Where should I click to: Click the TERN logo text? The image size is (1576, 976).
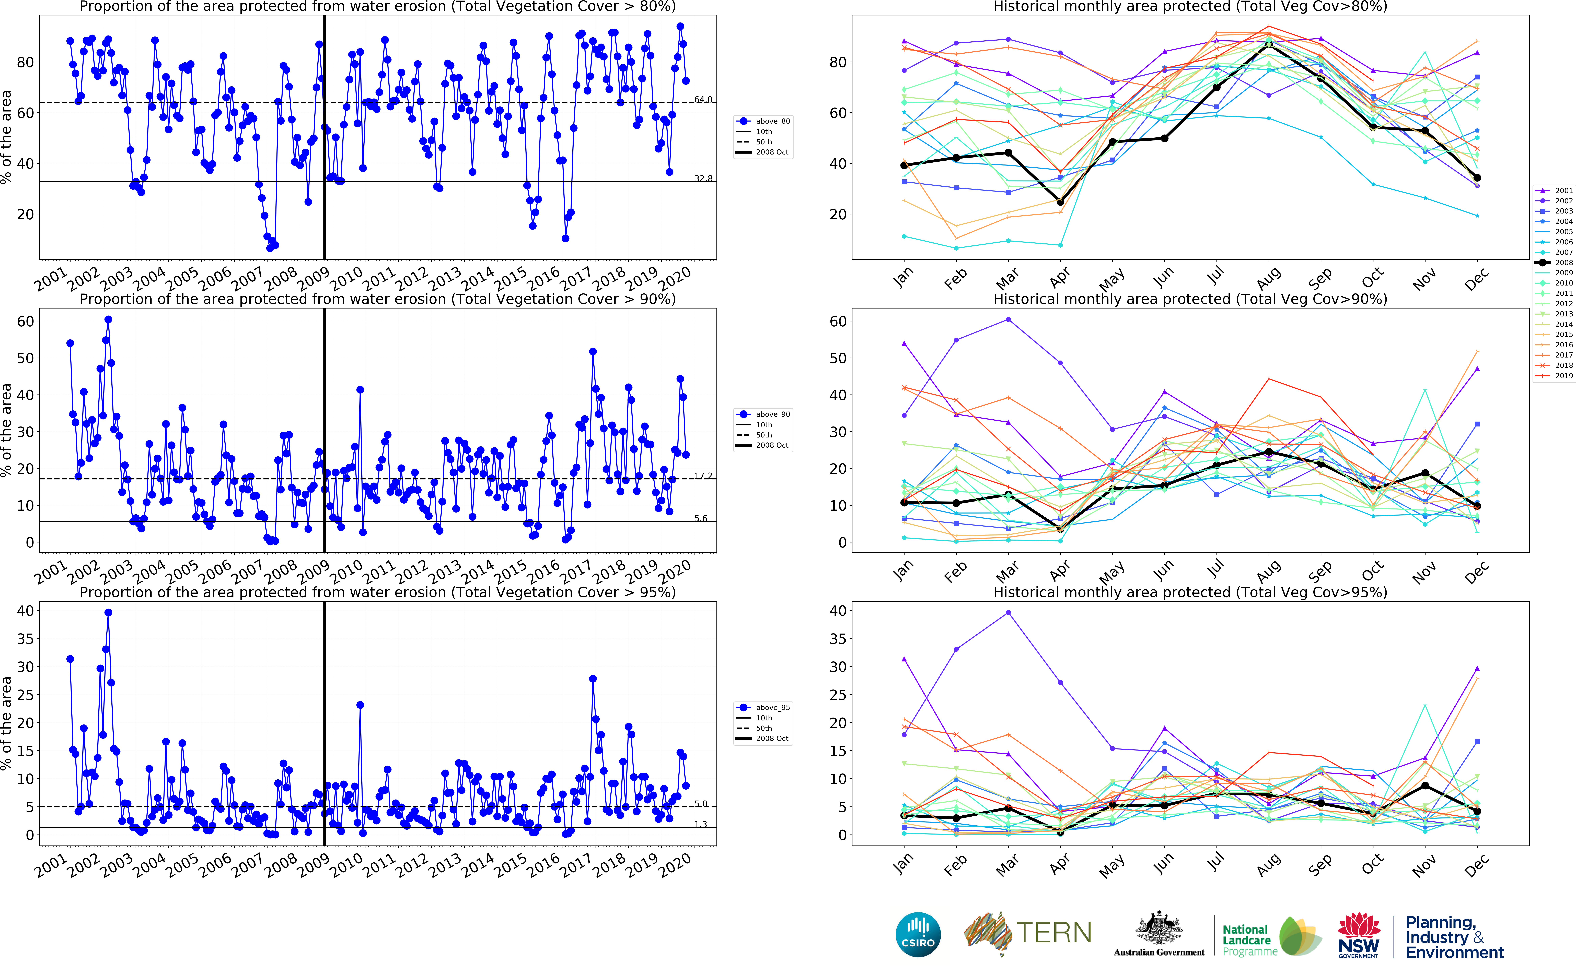[1054, 933]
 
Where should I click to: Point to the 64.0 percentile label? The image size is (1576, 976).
[703, 99]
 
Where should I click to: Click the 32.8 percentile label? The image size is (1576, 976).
[703, 178]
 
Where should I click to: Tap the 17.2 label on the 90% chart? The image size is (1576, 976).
[703, 476]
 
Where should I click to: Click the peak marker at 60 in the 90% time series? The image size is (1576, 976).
[108, 319]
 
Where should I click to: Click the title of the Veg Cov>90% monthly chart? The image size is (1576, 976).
[1190, 299]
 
